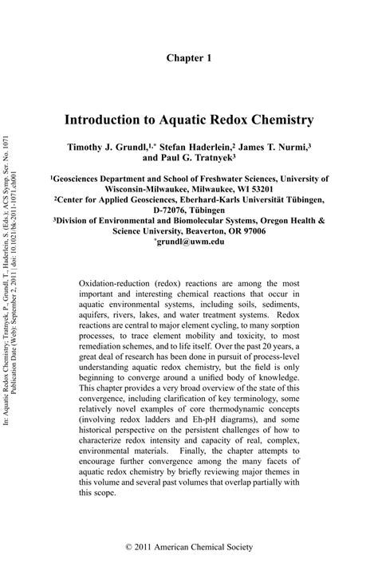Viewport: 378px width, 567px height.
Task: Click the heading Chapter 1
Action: coord(189,58)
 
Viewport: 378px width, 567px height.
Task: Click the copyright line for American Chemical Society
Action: coord(189,546)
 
